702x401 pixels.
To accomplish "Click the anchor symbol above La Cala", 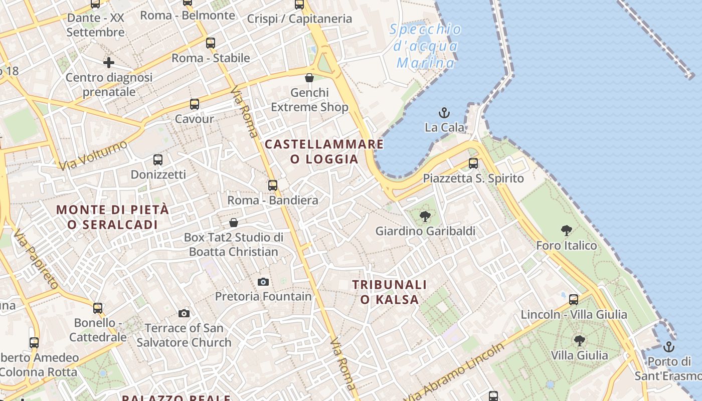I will (444, 112).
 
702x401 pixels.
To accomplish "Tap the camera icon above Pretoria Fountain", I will (263, 282).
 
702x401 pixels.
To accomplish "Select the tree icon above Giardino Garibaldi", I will (425, 217).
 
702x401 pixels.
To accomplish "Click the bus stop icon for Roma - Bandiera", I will (273, 185).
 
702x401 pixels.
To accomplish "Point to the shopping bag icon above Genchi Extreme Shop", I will (309, 78).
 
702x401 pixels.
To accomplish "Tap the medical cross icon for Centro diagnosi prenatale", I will (109, 63).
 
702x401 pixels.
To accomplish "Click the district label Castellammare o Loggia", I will (324, 152).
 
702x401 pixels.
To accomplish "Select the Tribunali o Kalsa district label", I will (389, 292).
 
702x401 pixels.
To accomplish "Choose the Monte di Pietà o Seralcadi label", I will (112, 217).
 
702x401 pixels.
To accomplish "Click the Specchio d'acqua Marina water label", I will (426, 46).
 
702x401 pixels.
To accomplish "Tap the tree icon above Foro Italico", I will (567, 231).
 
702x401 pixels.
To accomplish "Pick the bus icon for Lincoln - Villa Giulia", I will (574, 300).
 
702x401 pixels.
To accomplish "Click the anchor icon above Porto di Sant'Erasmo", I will (668, 347).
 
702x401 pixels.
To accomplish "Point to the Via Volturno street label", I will (94, 155).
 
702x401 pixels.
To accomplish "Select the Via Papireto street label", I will (36, 259).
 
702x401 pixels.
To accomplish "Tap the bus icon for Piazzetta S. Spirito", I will (473, 163).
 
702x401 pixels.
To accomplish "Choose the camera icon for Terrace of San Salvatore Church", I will (184, 313).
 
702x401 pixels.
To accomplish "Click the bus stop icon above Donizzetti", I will (158, 160).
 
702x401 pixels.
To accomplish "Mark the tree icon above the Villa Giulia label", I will (579, 341).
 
